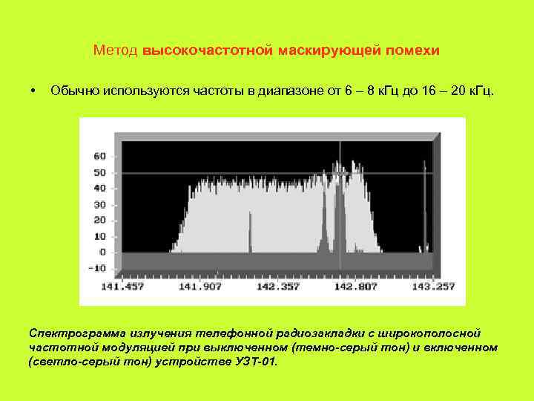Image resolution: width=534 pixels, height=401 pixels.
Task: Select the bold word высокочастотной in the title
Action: [x=208, y=51]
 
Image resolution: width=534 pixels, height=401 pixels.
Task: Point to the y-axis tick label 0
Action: [x=104, y=252]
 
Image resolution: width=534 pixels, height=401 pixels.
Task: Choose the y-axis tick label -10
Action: [x=98, y=267]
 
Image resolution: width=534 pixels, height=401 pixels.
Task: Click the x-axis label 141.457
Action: [x=122, y=287]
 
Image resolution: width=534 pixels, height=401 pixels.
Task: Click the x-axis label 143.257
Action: [x=434, y=287]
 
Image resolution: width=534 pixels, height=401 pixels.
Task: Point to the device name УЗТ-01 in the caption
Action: [x=254, y=362]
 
